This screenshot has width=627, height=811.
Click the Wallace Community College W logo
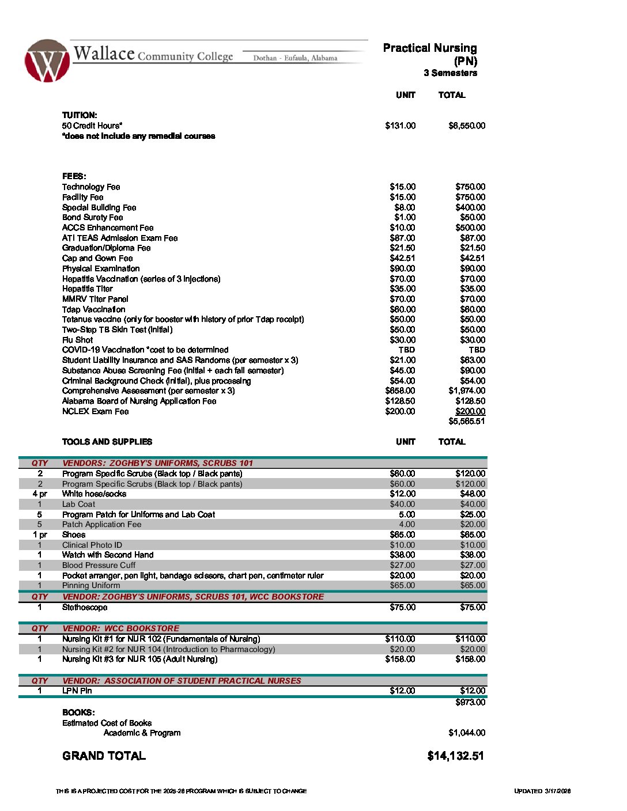[47, 61]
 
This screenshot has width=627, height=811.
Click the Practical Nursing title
[430, 48]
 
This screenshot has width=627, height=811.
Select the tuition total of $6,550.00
[467, 126]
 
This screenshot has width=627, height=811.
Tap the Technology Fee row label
[91, 187]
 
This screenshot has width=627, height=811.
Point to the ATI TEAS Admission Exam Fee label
[120, 238]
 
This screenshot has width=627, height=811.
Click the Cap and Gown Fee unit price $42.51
[402, 258]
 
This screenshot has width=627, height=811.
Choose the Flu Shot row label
[77, 340]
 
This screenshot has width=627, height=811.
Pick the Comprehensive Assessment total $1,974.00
[467, 391]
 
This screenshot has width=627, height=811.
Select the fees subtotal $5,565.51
[467, 421]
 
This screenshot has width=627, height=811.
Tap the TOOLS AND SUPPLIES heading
[107, 442]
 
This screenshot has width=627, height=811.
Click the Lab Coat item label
[79, 504]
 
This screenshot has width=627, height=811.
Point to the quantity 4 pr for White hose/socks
[40, 494]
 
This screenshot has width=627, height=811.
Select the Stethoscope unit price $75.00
[402, 607]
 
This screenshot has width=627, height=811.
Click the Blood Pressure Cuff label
[99, 565]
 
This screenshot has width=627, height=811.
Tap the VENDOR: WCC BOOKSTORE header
[120, 628]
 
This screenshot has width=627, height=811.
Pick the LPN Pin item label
[77, 691]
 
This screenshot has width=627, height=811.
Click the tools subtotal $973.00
[470, 702]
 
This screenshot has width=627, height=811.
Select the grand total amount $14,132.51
[455, 756]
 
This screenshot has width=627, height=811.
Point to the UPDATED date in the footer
[542, 791]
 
